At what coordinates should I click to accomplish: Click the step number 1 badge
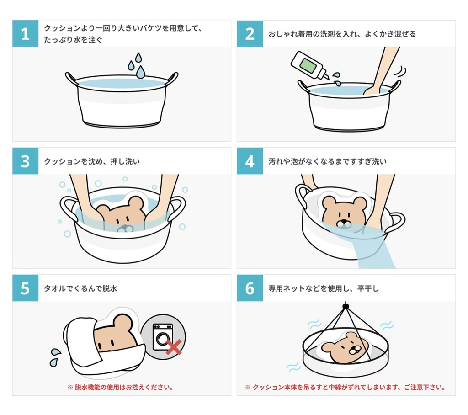pos(25,33)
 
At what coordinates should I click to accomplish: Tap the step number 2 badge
pos(250,33)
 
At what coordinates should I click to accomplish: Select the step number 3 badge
pos(25,161)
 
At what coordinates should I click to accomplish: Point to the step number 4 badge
pos(250,161)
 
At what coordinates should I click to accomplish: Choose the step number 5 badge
pos(25,288)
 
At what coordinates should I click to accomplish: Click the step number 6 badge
pos(250,288)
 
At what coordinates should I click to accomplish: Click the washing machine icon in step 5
pos(163,337)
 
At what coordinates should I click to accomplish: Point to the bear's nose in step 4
pos(344,223)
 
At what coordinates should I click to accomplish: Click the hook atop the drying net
pos(346,304)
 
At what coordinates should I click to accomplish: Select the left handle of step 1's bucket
pos(71,78)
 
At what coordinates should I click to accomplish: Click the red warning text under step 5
pos(121,387)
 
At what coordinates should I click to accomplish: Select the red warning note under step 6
pos(346,387)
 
